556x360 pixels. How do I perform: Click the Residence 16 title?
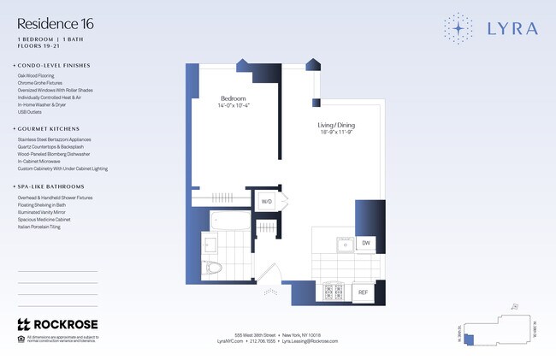tap(56, 24)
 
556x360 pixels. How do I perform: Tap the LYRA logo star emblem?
tap(461, 28)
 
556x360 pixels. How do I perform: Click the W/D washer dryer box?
tap(267, 202)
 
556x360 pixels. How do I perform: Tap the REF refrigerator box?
tap(363, 292)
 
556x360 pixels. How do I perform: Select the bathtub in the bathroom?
tap(226, 222)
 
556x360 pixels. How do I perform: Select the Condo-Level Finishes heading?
tap(55, 65)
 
